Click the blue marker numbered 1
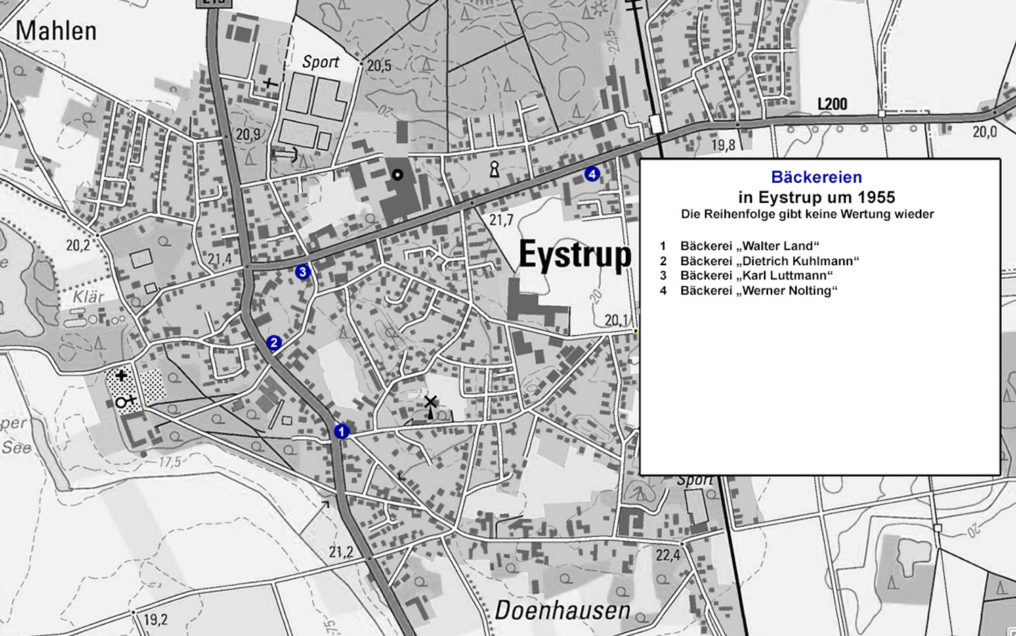pos(341,431)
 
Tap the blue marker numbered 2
pos(274,343)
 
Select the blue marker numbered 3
pos(303,272)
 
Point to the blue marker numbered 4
pos(592,174)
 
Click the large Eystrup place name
pos(574,256)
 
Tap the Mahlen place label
pos(56,31)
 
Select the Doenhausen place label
pos(562,610)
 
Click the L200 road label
pos(832,104)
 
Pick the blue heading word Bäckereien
pos(816,177)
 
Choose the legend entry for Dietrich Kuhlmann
pos(769,261)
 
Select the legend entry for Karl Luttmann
pos(757,276)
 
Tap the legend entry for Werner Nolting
pos(759,291)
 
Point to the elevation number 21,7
pos(501,220)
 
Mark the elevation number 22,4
pos(667,555)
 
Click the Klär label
pos(88,296)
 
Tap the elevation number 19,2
pos(155,620)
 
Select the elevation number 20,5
pos(379,66)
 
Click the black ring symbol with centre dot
pos(398,175)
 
